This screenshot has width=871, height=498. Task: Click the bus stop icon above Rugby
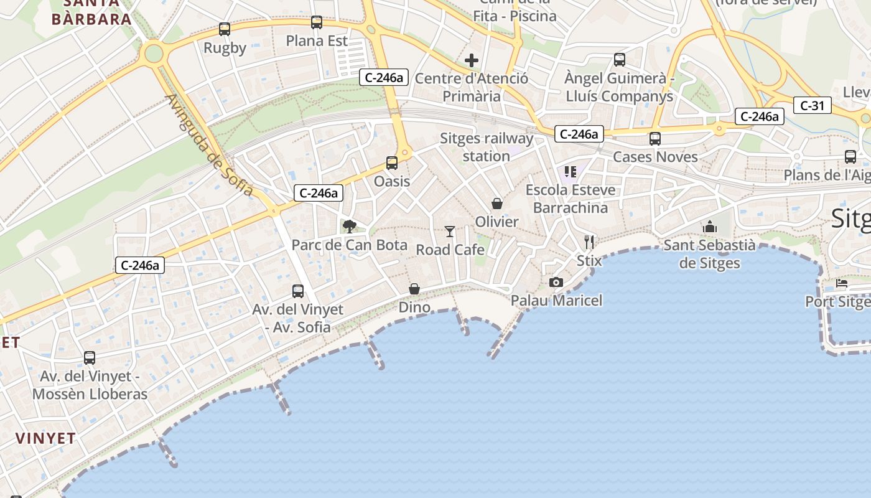pos(225,29)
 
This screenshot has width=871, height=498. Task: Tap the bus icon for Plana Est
pos(317,23)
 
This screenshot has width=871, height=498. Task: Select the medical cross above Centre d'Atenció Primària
pos(472,60)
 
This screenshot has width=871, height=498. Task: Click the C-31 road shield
pos(812,106)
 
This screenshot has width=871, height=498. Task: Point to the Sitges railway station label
pos(487,147)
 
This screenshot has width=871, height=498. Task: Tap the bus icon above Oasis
pos(392,163)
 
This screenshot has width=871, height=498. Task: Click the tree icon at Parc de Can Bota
pos(350,226)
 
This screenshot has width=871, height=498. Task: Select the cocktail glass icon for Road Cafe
pos(450,232)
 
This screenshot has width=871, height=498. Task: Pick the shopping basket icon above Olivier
pos(497,204)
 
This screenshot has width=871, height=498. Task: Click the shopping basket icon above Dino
pos(414,289)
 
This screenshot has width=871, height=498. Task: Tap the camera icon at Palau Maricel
pos(556,283)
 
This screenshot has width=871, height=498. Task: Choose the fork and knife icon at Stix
pos(589,242)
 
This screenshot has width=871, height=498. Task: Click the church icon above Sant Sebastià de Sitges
pos(710,227)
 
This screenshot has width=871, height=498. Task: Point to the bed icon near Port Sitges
pos(842,283)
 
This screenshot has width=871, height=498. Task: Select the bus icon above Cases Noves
pos(654,139)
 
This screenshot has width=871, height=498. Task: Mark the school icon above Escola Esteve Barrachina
pos(571,171)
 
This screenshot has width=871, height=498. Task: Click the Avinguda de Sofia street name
pos(210,145)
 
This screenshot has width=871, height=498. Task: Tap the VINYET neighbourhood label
pos(46,438)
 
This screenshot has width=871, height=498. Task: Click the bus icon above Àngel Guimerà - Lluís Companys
pos(620,60)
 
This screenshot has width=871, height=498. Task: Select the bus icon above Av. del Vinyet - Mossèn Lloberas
pos(90,358)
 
